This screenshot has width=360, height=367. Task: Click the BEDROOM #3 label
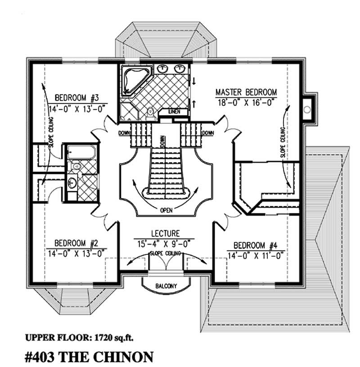coord(80,97)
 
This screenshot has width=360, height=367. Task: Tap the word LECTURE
coord(165,234)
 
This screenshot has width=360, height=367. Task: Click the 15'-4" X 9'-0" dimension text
coord(165,244)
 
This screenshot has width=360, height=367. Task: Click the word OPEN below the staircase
coord(167,210)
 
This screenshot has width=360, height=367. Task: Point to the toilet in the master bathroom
coord(150,110)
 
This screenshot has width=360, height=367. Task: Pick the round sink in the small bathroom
coord(72,182)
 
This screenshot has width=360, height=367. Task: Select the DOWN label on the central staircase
coord(162,141)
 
